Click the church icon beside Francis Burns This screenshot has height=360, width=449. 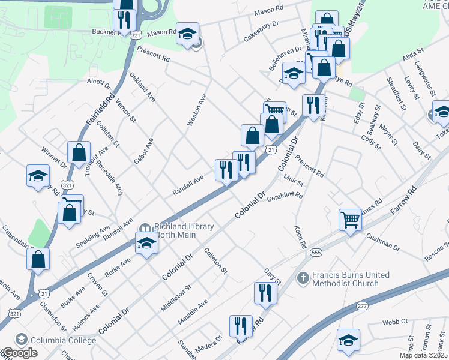(x=304, y=278)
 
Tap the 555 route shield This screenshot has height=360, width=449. (x=316, y=253)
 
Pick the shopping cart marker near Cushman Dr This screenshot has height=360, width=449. (x=349, y=219)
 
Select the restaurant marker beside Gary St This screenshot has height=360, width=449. (x=265, y=293)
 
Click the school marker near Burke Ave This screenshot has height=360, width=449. (x=146, y=243)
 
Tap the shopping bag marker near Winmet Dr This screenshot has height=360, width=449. (x=79, y=152)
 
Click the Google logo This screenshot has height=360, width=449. (x=19, y=353)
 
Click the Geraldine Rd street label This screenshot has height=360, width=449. (x=285, y=196)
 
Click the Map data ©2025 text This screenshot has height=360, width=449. (x=423, y=355)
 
